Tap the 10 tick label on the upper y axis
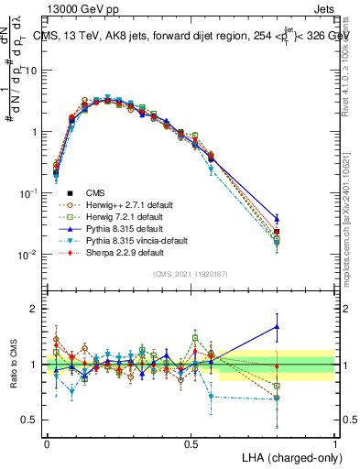click(x=31, y=71)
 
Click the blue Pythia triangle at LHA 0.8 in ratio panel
click(x=277, y=327)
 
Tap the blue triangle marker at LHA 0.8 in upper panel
click(x=277, y=219)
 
